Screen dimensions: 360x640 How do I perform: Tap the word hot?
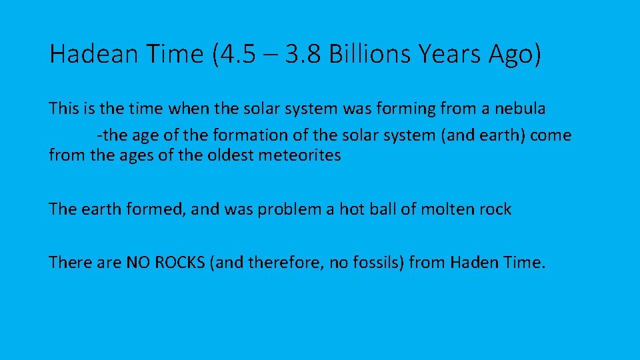coord(351,209)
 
